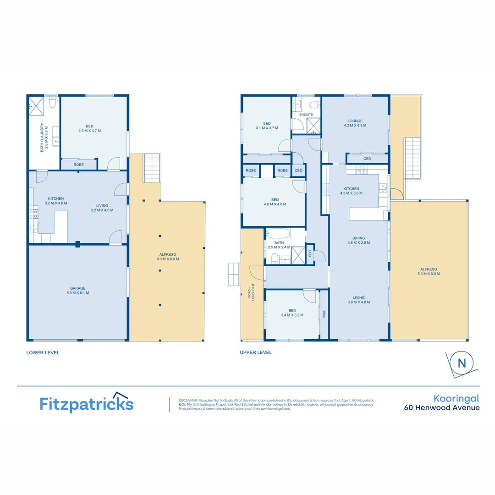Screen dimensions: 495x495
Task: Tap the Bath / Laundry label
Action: (43, 137)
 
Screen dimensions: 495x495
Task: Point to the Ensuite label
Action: (306, 115)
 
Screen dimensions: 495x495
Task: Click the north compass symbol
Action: (462, 363)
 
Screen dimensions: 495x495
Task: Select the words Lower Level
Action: (43, 352)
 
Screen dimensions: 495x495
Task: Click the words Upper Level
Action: (256, 352)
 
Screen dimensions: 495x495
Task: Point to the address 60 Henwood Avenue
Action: (441, 407)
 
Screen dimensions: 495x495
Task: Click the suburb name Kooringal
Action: (456, 398)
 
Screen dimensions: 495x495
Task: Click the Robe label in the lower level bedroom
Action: (78, 164)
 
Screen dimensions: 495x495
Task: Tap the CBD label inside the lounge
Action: (367, 159)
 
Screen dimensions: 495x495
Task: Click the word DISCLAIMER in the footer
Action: (188, 400)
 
